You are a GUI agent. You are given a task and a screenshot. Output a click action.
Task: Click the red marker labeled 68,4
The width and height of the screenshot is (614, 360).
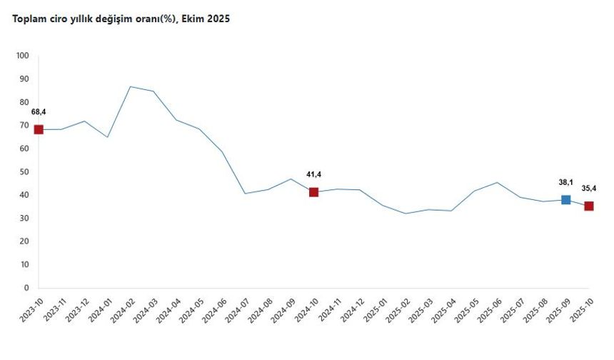pos(39,129)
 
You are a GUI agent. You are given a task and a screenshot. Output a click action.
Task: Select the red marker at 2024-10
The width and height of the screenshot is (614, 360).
pos(313,192)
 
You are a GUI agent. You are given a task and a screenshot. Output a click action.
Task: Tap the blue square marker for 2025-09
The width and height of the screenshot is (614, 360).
pos(566,200)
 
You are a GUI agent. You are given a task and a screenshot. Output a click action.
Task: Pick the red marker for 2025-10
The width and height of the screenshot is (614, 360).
pos(589,206)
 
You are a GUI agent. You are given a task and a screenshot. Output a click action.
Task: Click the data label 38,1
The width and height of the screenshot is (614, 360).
pos(566,182)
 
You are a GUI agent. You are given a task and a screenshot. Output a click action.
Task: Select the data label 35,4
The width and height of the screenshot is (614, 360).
pos(589,188)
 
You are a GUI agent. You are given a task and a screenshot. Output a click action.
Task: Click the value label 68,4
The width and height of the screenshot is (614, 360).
pos(39,111)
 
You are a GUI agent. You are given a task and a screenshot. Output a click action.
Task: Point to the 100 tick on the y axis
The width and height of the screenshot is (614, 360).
pos(22,56)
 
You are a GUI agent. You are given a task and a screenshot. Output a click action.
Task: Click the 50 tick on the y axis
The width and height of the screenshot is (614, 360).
pos(24,172)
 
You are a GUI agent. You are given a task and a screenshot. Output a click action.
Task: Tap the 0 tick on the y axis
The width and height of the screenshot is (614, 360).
pos(26,288)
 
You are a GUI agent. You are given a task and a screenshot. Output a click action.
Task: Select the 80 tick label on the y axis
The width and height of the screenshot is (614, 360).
pos(24,102)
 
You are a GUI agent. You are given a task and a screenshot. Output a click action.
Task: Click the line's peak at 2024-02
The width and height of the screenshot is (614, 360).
pos(130,86)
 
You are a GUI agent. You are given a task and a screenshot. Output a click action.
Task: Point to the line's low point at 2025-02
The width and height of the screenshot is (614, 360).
pos(406,214)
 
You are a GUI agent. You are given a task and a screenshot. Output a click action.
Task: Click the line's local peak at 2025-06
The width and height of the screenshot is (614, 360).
pos(497,182)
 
